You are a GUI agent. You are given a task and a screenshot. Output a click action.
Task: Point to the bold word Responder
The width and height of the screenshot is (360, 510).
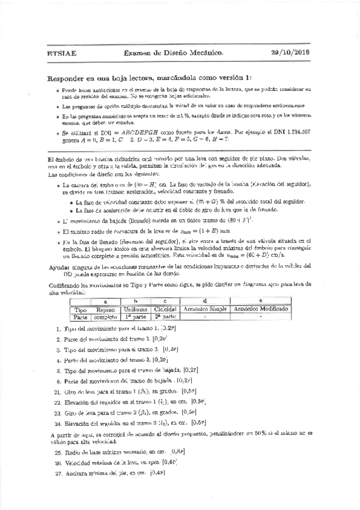tap(66, 78)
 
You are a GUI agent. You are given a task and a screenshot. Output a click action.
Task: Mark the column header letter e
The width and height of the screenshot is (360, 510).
tap(260, 301)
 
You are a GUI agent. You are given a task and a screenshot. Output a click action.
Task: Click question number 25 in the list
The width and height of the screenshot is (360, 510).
tap(58, 450)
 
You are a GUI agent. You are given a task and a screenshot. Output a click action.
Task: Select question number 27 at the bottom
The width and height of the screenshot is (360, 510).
tap(58, 473)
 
